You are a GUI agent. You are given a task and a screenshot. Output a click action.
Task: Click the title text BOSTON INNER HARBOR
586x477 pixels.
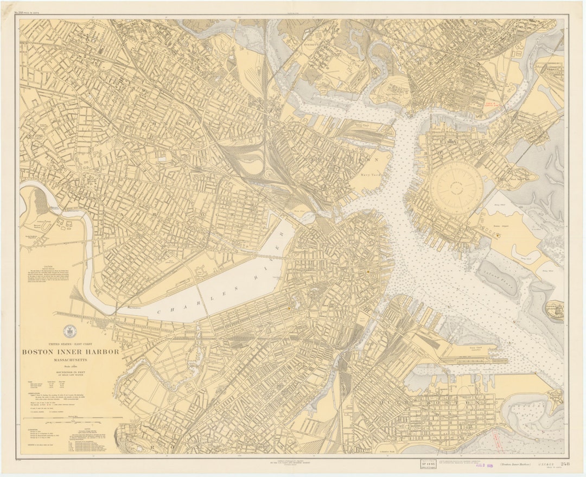[71, 352]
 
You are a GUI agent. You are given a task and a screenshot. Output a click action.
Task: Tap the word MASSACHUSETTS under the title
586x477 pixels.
[71, 360]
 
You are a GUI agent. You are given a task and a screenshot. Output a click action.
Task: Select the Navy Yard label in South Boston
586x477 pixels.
[475, 347]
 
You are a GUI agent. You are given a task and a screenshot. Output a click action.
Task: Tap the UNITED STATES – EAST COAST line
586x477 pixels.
[71, 344]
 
